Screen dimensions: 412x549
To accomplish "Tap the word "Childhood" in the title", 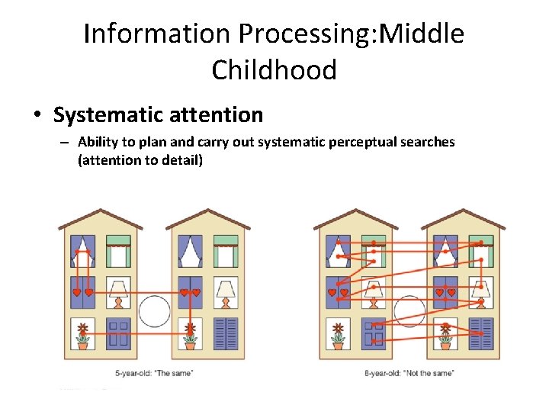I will click(x=274, y=70).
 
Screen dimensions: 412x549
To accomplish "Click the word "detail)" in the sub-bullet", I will click(x=180, y=160).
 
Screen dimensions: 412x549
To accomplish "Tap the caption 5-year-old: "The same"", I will click(x=154, y=372).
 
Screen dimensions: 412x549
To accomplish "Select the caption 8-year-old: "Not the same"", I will click(x=409, y=372).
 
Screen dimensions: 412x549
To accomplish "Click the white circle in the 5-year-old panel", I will click(x=155, y=311).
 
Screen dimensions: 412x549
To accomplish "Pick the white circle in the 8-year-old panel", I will click(x=409, y=311).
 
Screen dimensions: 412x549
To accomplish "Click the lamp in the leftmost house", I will click(x=118, y=291).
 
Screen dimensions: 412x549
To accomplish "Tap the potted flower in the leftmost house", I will click(x=82, y=334).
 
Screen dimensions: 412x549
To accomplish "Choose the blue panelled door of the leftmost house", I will click(x=118, y=333).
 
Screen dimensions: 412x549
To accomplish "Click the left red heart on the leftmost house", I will click(x=76, y=292).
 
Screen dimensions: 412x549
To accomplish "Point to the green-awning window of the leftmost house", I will click(x=119, y=250).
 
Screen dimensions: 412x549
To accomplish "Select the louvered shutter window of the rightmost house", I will click(x=481, y=333).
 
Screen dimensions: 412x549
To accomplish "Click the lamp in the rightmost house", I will click(x=480, y=290).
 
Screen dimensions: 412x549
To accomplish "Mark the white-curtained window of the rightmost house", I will click(x=445, y=250).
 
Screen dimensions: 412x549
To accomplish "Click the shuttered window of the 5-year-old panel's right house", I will click(x=226, y=333).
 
